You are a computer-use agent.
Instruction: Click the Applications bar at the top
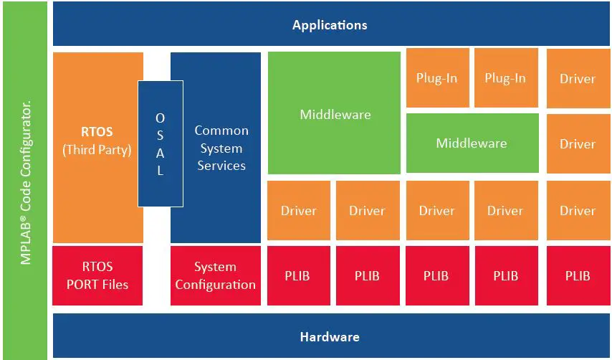pyautogui.click(x=330, y=25)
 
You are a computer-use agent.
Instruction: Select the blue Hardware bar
pyautogui.click(x=330, y=336)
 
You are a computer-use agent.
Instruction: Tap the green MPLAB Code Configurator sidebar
pyautogui.click(x=27, y=179)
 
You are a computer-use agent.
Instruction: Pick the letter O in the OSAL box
pyautogui.click(x=161, y=118)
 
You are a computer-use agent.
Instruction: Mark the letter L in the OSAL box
pyautogui.click(x=161, y=171)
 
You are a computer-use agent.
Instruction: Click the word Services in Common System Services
pyautogui.click(x=221, y=166)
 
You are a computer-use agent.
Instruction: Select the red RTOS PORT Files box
pyautogui.click(x=97, y=275)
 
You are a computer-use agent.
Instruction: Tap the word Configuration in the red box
pyautogui.click(x=215, y=285)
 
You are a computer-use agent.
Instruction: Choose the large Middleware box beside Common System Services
pyautogui.click(x=335, y=113)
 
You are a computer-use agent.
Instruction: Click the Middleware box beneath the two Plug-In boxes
pyautogui.click(x=472, y=143)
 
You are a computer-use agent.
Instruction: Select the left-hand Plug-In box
pyautogui.click(x=436, y=78)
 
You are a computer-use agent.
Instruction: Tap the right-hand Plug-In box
pyautogui.click(x=505, y=78)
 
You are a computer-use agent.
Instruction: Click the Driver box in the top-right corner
pyautogui.click(x=578, y=78)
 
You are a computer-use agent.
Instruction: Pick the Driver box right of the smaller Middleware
pyautogui.click(x=578, y=143)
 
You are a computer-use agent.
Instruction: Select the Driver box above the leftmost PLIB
pyautogui.click(x=299, y=211)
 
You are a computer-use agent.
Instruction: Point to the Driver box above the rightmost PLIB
pyautogui.click(x=578, y=211)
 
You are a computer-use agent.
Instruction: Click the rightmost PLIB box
pyautogui.click(x=578, y=275)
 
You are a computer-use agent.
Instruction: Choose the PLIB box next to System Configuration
pyautogui.click(x=299, y=275)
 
